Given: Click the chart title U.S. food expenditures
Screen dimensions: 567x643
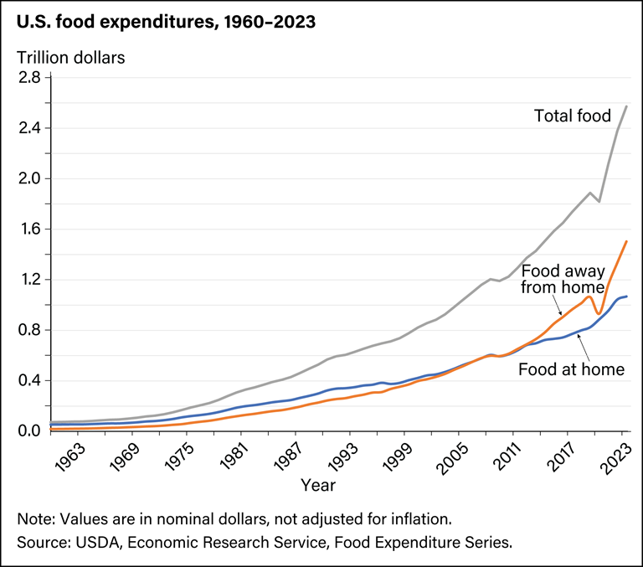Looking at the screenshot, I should [166, 23].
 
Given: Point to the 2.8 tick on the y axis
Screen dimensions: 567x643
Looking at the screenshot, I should [29, 78].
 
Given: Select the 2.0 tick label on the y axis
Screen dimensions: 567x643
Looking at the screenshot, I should [29, 178].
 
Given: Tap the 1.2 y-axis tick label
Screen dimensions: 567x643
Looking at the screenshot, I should [29, 280].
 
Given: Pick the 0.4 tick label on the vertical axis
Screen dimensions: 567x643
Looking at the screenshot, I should [29, 380].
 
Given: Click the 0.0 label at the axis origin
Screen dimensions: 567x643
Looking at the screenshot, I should [29, 430].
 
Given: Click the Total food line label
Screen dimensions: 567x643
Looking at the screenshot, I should [573, 116].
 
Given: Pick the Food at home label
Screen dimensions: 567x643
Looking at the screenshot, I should [571, 369].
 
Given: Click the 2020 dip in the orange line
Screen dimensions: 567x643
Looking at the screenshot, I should [599, 313].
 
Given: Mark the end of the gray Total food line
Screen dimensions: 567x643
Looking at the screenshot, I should [627, 106].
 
